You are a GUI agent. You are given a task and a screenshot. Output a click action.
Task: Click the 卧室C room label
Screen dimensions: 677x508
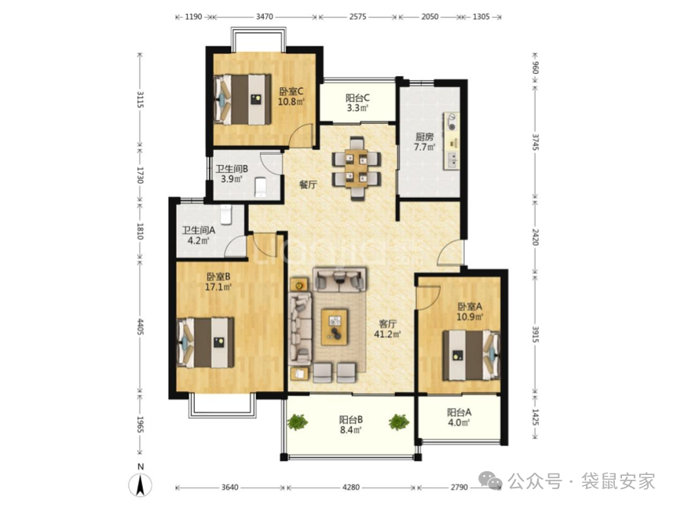(x=291, y=92)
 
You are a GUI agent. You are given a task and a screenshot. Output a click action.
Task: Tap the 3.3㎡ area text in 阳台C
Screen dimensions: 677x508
(x=357, y=108)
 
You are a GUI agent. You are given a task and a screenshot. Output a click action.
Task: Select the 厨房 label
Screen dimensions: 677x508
(x=424, y=137)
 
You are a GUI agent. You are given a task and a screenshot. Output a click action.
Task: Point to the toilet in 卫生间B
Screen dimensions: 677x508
(x=261, y=188)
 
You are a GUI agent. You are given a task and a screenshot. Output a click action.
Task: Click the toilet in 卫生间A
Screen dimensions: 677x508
(x=227, y=214)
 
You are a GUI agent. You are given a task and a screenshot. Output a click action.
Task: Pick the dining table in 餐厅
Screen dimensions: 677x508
(x=357, y=168)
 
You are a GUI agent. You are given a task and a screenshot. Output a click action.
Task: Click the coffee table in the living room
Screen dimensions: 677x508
(x=335, y=327)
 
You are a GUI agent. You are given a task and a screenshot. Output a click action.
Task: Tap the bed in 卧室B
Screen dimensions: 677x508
(x=206, y=342)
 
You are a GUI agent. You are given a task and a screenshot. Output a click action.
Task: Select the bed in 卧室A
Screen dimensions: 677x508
(x=471, y=355)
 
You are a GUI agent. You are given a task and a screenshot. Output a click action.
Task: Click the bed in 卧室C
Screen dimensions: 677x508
(x=242, y=99)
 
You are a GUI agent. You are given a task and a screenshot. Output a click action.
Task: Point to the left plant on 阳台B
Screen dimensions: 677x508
(x=297, y=422)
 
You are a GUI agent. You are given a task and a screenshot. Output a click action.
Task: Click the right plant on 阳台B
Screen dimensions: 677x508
(x=398, y=422)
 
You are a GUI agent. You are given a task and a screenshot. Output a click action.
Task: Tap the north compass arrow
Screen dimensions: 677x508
(x=140, y=484)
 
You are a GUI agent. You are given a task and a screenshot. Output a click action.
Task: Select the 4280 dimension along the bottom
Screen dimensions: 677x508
(x=350, y=488)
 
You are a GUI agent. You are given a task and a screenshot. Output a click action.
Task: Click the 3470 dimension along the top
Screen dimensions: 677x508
(x=264, y=16)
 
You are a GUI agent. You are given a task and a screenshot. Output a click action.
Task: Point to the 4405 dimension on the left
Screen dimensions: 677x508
(x=140, y=327)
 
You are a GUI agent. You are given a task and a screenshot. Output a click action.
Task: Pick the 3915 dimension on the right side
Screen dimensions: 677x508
(x=536, y=334)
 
